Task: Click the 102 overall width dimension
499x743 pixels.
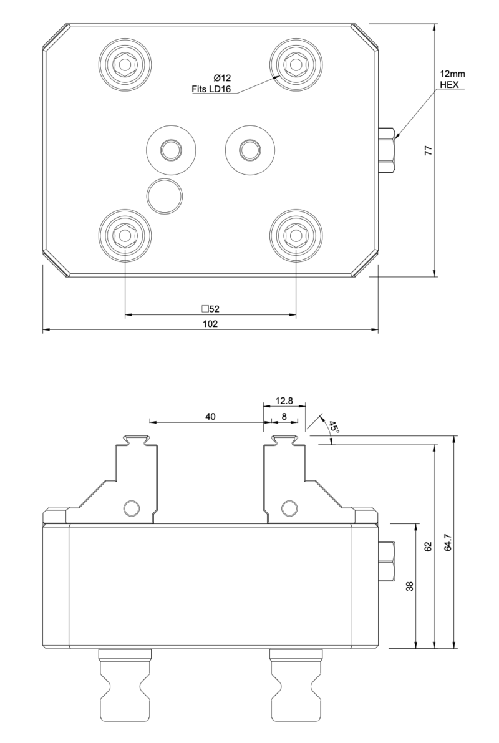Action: click(x=210, y=324)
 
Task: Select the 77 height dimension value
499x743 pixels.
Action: click(x=428, y=150)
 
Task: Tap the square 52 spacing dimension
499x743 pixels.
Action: click(x=210, y=308)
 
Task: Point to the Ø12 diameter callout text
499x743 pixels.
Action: click(x=222, y=78)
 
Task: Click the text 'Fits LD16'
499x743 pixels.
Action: click(x=211, y=90)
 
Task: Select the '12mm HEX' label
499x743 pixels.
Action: click(x=452, y=79)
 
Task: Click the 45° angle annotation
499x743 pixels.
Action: click(x=333, y=427)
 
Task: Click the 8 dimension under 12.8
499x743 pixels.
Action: click(x=284, y=417)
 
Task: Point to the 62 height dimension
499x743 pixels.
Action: click(x=428, y=546)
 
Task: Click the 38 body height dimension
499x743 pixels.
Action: click(x=410, y=586)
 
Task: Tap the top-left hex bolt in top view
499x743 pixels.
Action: click(x=125, y=63)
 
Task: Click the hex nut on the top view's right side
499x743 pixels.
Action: click(x=387, y=150)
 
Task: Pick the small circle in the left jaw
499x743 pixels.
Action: click(x=131, y=508)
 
